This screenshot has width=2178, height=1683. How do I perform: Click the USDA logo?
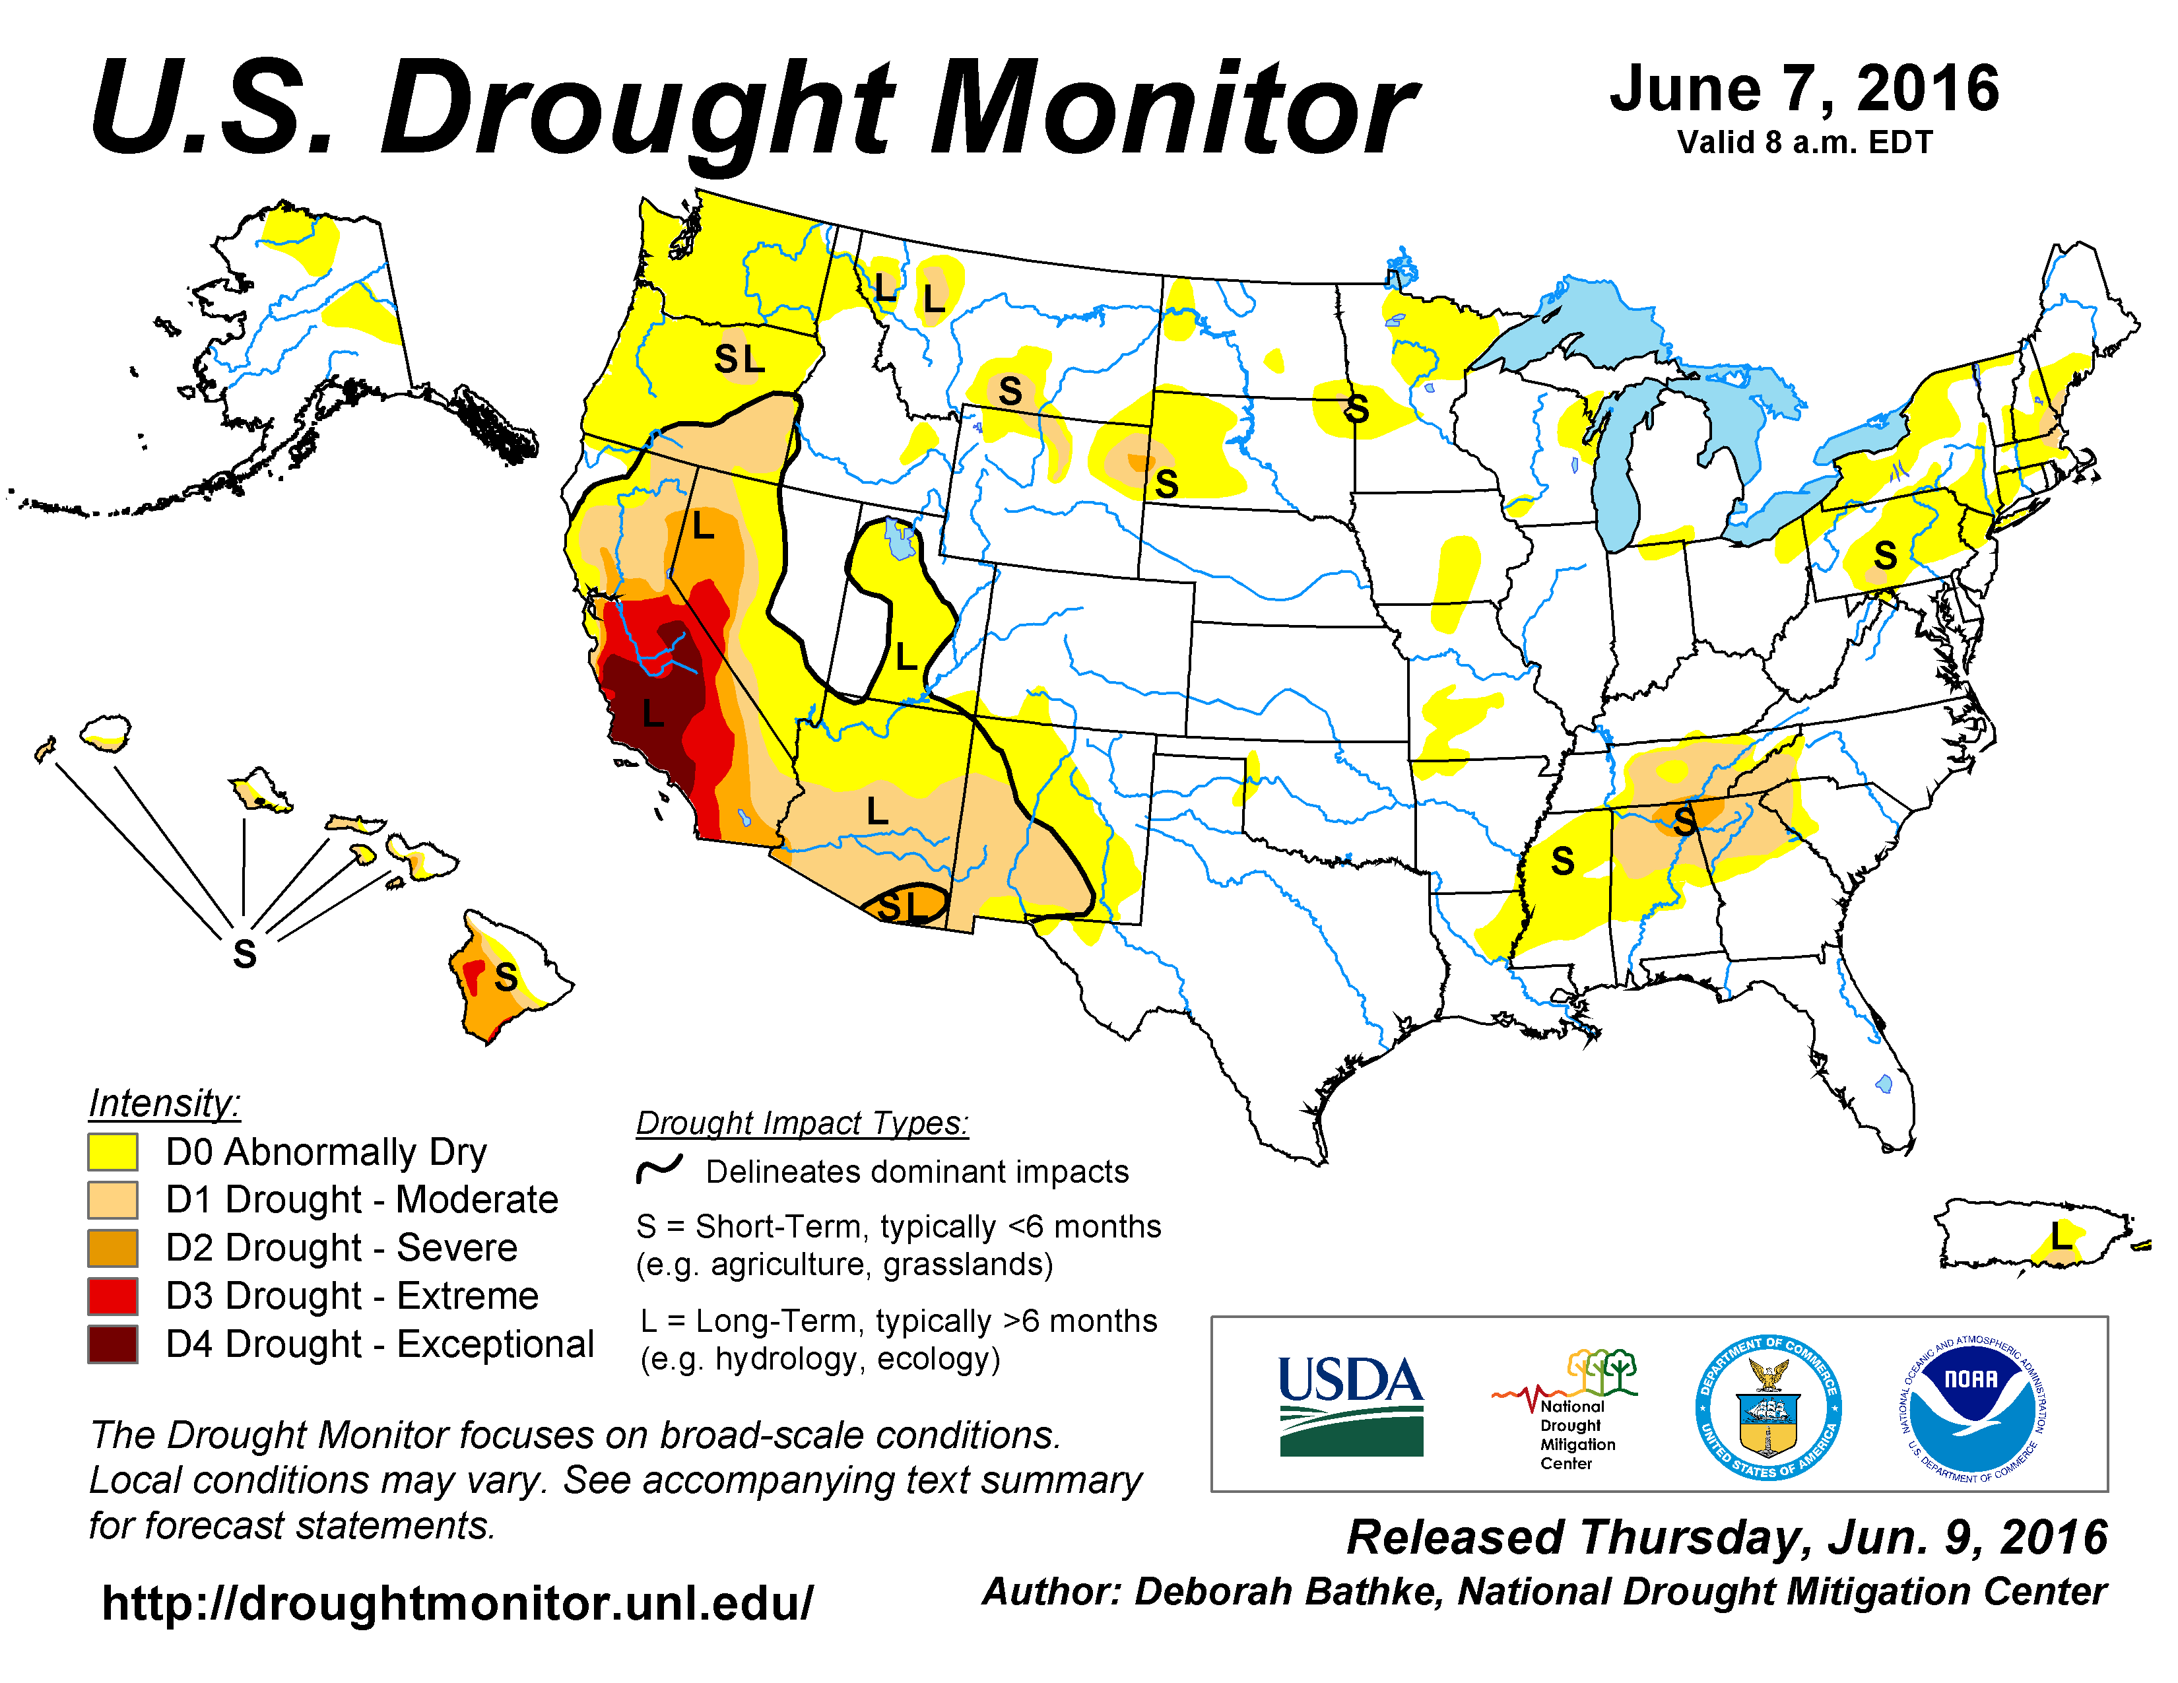(x=1350, y=1405)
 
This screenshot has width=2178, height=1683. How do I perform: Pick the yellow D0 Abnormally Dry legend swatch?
(x=113, y=1152)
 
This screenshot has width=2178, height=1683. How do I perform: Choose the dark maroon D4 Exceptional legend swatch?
(x=113, y=1344)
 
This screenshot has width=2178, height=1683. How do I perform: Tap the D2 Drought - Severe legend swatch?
(x=113, y=1248)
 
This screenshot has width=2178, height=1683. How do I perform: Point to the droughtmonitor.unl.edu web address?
(x=458, y=1602)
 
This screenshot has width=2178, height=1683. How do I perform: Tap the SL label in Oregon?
(x=739, y=359)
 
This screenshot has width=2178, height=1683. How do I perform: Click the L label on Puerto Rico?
(x=2061, y=1237)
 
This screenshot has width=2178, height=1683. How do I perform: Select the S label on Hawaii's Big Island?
(x=507, y=977)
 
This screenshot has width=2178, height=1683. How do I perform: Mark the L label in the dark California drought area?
(x=653, y=714)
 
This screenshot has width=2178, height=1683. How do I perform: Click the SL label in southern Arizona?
(x=904, y=906)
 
